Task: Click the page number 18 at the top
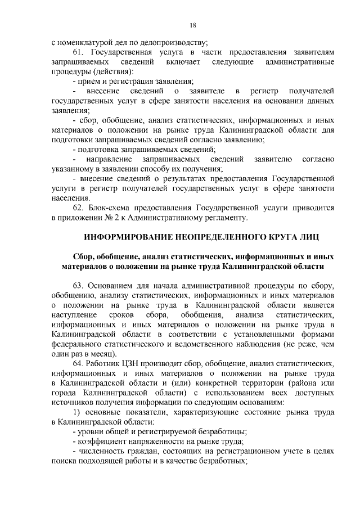pos(192,25)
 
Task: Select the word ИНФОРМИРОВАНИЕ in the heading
pos(127,236)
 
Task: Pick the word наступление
pos(74,316)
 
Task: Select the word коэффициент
pos(102,445)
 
